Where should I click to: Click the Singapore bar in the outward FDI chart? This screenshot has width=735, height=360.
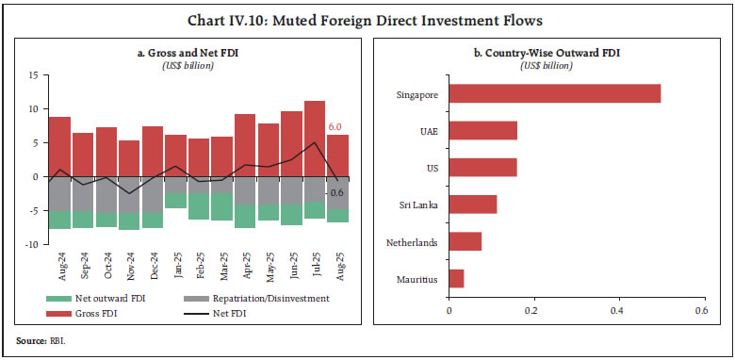554,93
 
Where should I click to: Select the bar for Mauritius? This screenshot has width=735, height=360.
456,279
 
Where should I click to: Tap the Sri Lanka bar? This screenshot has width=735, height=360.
472,205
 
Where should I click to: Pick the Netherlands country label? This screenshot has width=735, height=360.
412,242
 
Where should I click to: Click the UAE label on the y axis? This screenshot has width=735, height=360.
428,131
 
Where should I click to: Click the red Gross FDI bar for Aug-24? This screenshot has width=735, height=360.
59,146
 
